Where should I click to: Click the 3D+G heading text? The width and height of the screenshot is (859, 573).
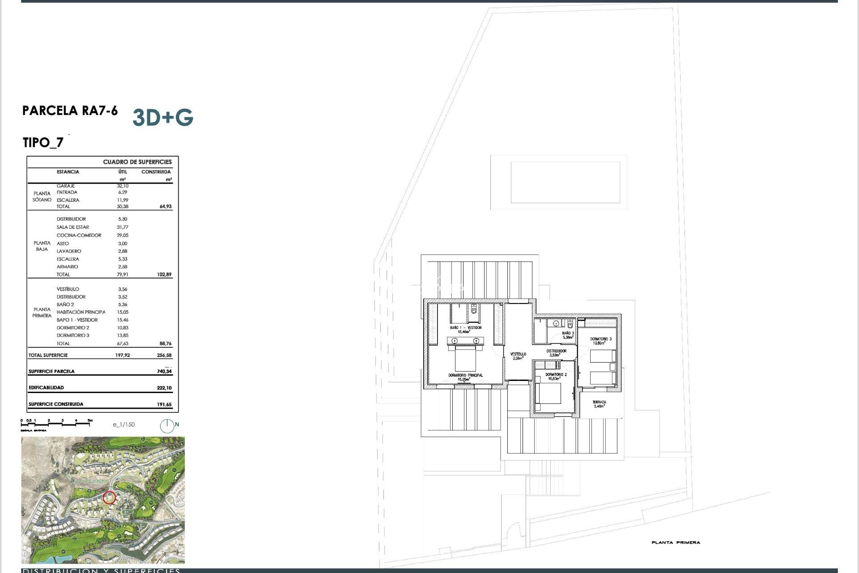click(x=163, y=118)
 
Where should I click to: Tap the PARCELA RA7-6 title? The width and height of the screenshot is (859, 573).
click(x=70, y=111)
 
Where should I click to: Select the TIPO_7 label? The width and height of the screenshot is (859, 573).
click(x=43, y=143)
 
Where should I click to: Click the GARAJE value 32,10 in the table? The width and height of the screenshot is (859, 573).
click(x=123, y=186)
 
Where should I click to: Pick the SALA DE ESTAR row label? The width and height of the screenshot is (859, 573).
click(x=72, y=227)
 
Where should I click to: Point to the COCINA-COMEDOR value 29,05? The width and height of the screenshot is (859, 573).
click(x=123, y=235)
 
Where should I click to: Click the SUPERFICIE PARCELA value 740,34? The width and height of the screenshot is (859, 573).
click(x=164, y=372)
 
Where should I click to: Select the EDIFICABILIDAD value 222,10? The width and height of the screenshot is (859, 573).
click(x=164, y=388)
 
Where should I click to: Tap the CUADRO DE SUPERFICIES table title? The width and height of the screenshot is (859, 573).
click(x=137, y=162)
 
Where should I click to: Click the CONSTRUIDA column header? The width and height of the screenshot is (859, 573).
click(x=156, y=172)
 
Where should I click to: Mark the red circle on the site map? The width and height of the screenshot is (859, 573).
click(x=109, y=497)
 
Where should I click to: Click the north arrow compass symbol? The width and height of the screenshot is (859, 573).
click(x=167, y=426)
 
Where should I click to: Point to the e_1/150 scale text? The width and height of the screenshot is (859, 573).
click(x=123, y=425)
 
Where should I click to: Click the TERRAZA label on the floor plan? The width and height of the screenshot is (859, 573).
click(x=599, y=402)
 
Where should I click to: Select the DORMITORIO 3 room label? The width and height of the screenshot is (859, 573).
click(x=600, y=339)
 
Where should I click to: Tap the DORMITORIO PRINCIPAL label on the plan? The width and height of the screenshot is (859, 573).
click(x=465, y=376)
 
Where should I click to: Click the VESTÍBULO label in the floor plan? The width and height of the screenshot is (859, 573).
click(x=518, y=354)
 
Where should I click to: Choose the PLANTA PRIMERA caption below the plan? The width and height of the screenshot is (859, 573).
click(x=676, y=543)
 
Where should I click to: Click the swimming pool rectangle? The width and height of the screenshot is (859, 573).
click(x=565, y=183)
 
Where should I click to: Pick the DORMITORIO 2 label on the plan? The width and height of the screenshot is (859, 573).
click(x=556, y=375)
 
